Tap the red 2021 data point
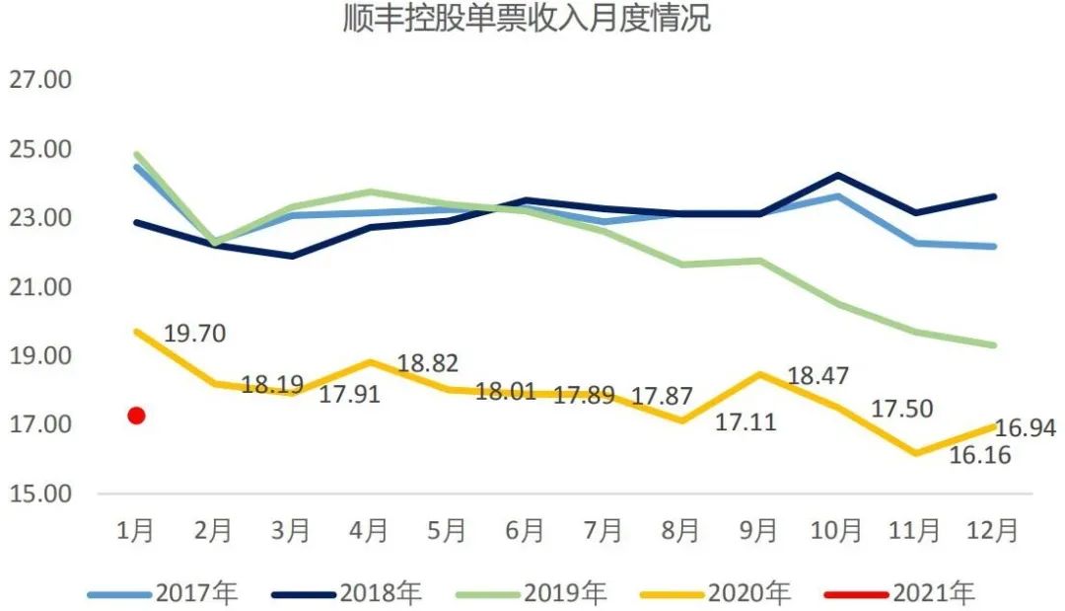click(x=137, y=416)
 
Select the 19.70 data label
click(x=194, y=334)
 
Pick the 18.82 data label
click(x=427, y=363)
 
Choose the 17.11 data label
click(x=745, y=422)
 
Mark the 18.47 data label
click(x=818, y=376)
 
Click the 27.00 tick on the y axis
click(x=40, y=80)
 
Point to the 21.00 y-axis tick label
click(x=40, y=287)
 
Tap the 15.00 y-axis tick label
click(x=40, y=494)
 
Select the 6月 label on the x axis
click(x=526, y=530)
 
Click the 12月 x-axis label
click(x=992, y=530)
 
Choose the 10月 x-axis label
click(x=836, y=530)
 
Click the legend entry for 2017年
click(x=163, y=593)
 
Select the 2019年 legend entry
click(x=532, y=593)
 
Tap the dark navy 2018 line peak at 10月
click(x=837, y=176)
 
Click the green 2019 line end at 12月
click(x=994, y=344)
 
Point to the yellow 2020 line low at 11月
click(x=915, y=453)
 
